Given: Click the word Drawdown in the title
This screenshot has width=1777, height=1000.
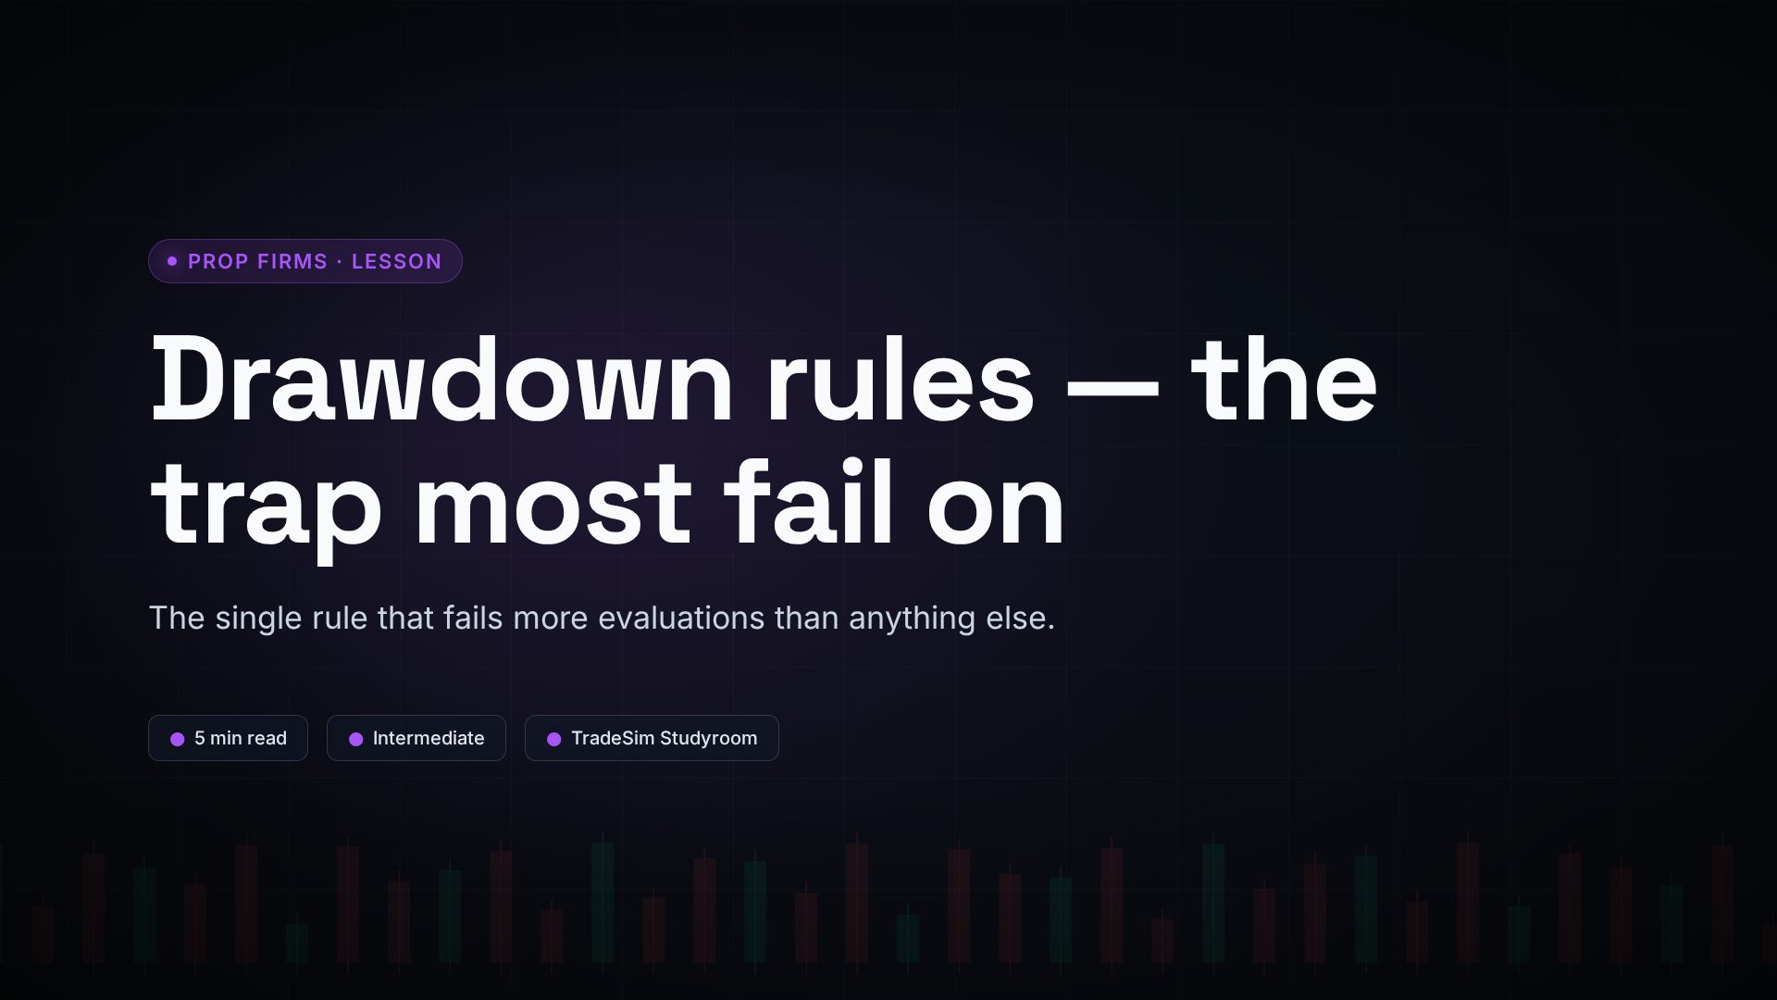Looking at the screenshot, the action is (x=442, y=380).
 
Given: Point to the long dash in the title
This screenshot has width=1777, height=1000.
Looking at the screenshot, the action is (x=1112, y=388).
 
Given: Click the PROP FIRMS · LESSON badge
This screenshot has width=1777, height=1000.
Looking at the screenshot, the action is (x=305, y=261).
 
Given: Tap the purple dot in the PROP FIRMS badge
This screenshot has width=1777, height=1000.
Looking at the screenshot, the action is (x=172, y=261).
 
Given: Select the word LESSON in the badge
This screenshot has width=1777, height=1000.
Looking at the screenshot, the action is (x=396, y=262).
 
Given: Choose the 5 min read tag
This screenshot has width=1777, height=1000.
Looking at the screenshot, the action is (x=228, y=738).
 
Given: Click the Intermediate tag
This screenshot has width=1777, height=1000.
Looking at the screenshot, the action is (x=416, y=738).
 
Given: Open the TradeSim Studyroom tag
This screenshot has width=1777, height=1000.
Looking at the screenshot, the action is (x=652, y=738).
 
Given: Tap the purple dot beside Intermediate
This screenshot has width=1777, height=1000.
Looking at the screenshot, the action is (x=355, y=739).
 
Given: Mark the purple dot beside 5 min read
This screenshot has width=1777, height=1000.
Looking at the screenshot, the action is (x=178, y=739).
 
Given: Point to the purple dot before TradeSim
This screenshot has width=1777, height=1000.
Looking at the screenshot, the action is (x=553, y=739).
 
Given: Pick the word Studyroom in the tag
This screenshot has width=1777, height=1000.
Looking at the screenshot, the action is (x=708, y=739).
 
